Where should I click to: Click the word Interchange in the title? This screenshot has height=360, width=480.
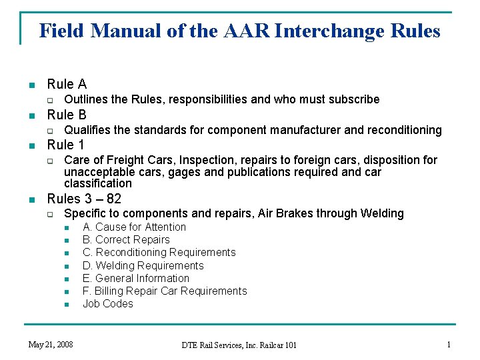328,31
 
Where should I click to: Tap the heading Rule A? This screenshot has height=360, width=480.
67,84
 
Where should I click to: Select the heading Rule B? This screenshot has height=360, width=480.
67,115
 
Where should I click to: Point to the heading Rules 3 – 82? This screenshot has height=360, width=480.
84,198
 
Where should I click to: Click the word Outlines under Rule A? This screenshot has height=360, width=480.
87,99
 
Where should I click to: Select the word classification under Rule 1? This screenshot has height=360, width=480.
98,183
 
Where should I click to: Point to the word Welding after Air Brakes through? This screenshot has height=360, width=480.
382,213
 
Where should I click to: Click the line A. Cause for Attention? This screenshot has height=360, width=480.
134,227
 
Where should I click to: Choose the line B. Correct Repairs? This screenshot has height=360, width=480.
126,240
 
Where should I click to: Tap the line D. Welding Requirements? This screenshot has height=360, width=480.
143,265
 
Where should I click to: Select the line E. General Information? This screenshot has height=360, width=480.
136,278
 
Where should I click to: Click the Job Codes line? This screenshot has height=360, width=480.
107,303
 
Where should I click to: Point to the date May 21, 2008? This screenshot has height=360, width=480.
51,345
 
